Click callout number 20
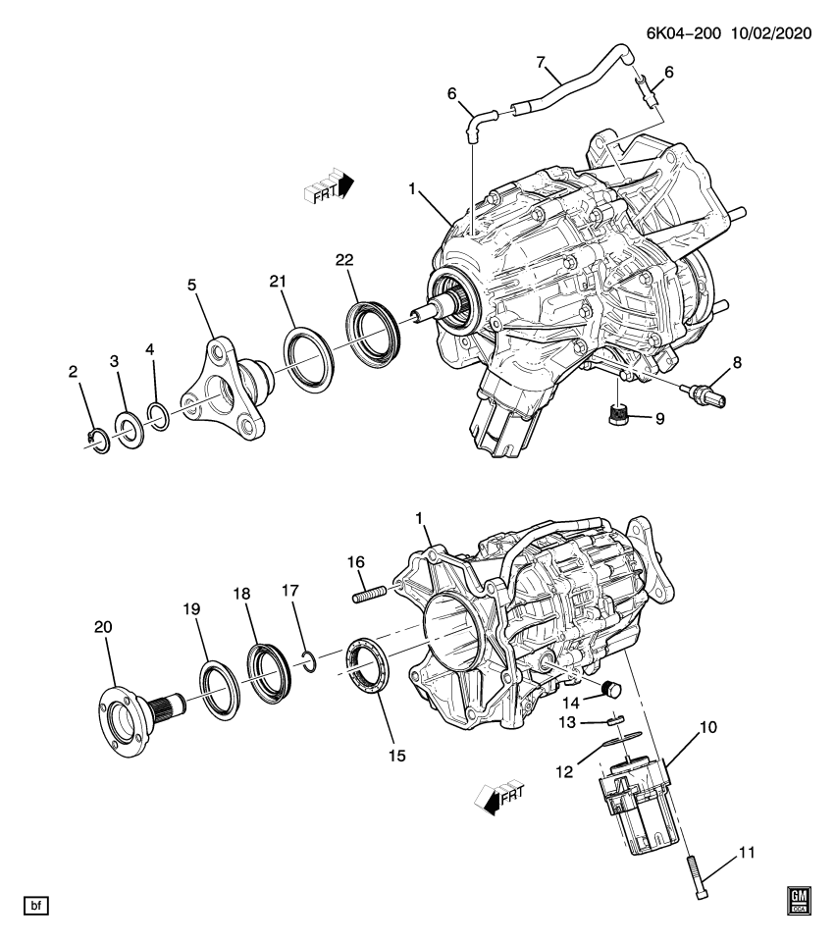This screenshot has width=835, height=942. coord(104,626)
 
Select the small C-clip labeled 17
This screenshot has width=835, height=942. coord(308,662)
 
